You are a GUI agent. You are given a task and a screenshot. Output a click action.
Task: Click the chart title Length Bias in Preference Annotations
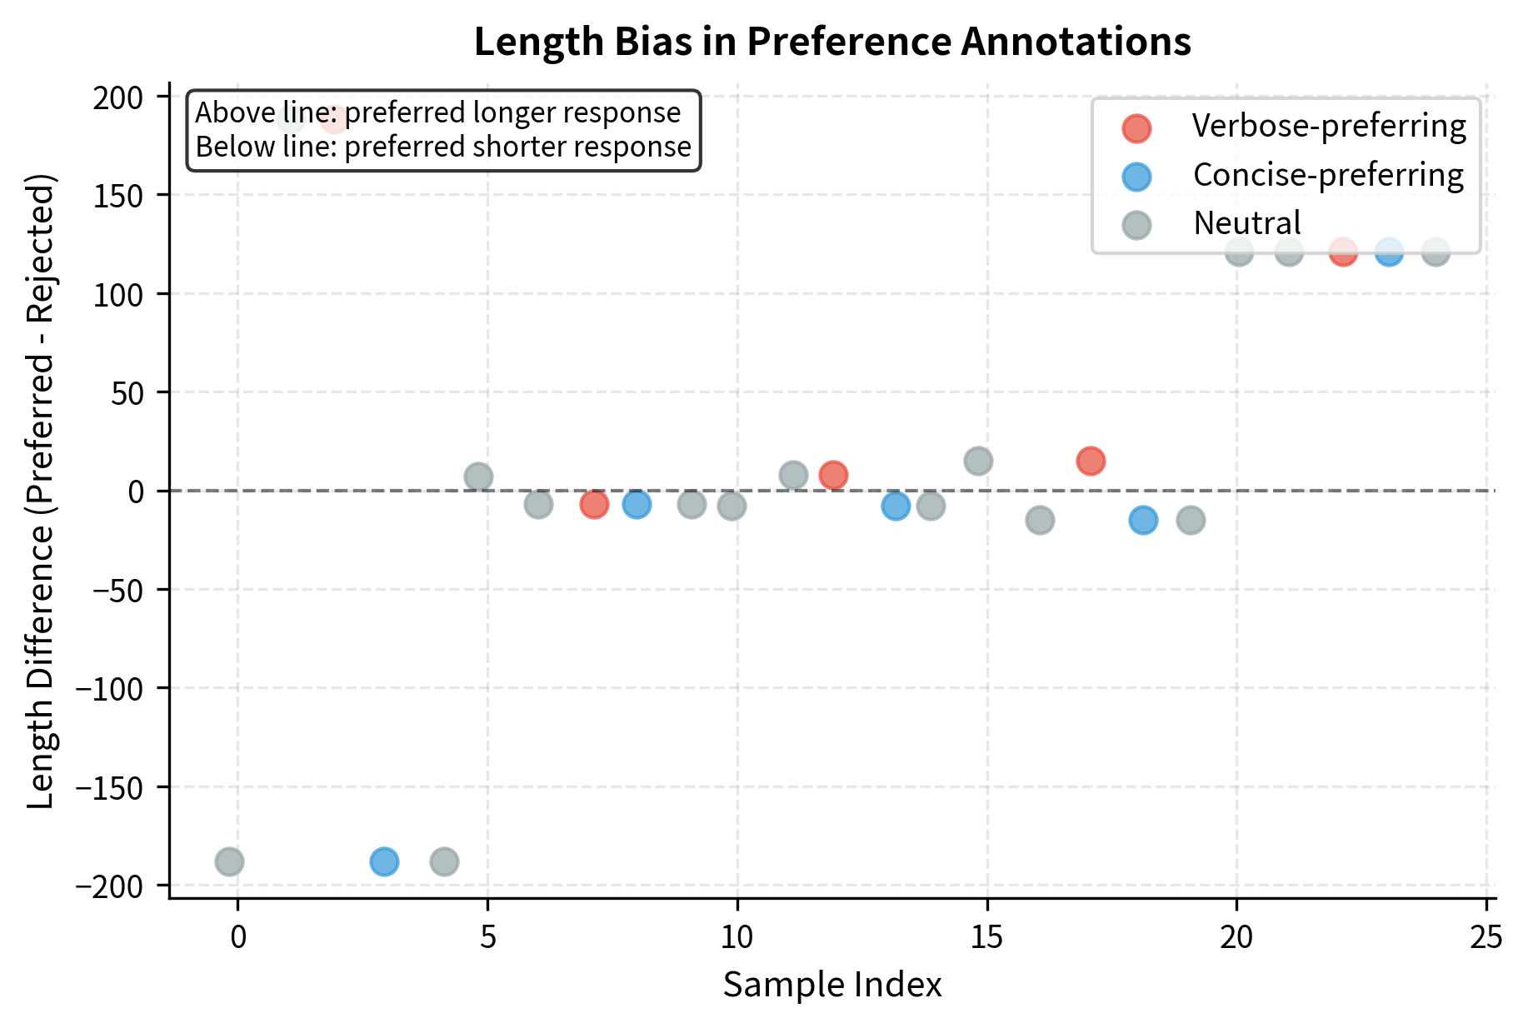[x=831, y=42]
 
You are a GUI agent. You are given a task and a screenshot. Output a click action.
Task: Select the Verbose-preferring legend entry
[x=1328, y=126]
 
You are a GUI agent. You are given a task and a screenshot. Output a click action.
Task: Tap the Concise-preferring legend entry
[x=1327, y=175]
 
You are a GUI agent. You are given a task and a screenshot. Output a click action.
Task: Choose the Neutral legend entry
[x=1246, y=223]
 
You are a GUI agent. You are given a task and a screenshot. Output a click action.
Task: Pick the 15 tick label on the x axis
[x=986, y=938]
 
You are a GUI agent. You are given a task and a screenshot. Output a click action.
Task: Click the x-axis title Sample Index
[x=831, y=985]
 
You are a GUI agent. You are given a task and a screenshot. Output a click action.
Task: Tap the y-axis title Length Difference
[x=40, y=492]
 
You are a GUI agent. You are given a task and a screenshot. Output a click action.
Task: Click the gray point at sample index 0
[x=229, y=861]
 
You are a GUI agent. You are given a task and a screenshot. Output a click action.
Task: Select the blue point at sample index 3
[x=384, y=861]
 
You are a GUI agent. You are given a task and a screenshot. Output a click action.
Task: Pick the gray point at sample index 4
[x=444, y=861]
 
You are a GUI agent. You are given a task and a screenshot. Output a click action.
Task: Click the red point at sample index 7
[x=594, y=504]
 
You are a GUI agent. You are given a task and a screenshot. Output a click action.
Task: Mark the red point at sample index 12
[x=833, y=476]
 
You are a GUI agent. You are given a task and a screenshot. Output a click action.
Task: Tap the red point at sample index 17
[x=1091, y=461]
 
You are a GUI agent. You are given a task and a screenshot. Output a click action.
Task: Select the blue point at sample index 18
[x=1143, y=520]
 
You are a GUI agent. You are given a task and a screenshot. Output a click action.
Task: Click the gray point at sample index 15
[x=978, y=461]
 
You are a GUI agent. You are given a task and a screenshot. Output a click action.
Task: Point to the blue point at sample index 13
[x=896, y=506]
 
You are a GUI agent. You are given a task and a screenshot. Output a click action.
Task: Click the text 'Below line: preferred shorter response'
[x=442, y=147]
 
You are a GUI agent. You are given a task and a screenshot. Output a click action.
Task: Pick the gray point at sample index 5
[x=478, y=477]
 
